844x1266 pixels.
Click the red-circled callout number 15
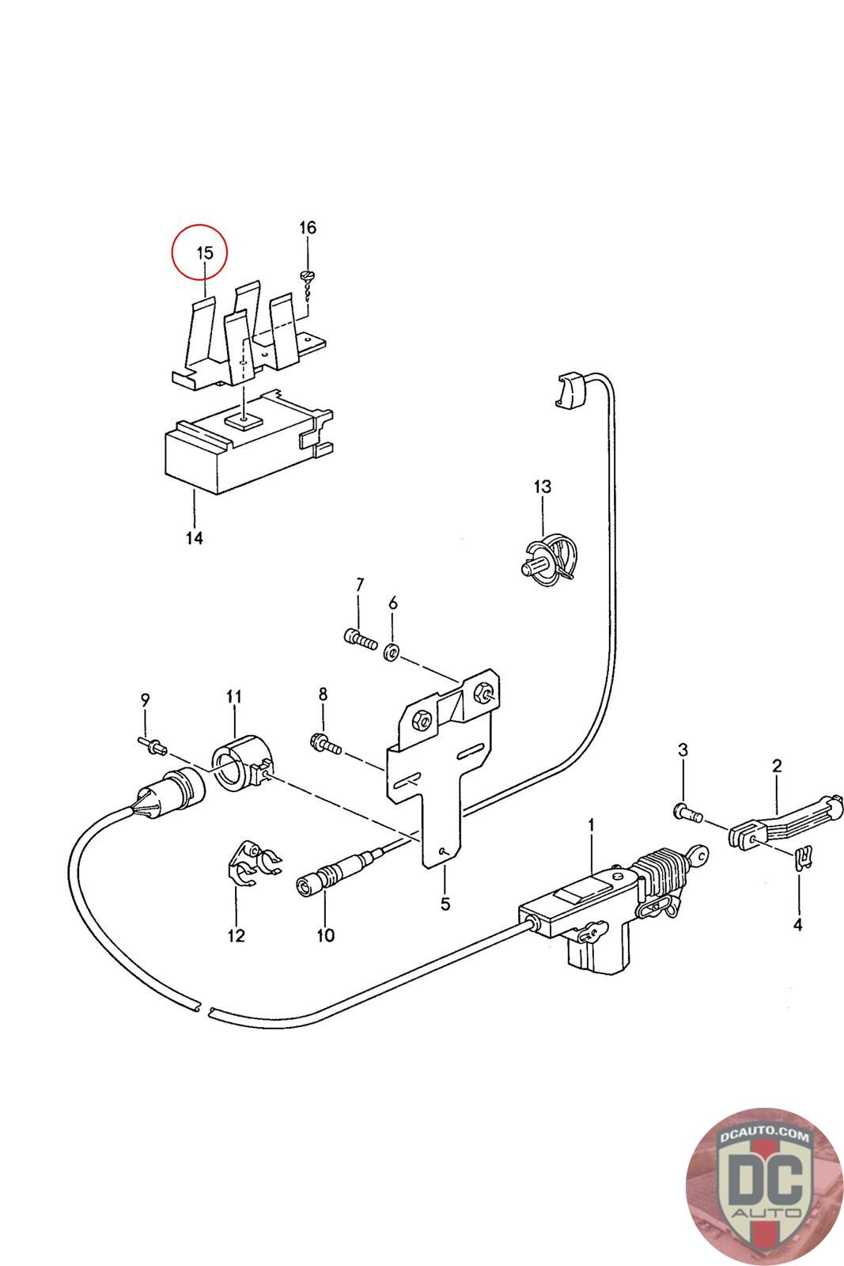[x=205, y=252]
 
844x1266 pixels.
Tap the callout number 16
[x=308, y=228]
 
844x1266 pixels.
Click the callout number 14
[x=195, y=537]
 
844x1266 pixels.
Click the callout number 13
[x=543, y=486]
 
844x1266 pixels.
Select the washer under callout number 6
[x=391, y=650]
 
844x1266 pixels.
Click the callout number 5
[x=445, y=904]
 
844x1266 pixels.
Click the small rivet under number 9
[x=152, y=746]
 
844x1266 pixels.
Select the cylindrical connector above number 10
[x=333, y=877]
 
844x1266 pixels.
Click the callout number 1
[x=592, y=826]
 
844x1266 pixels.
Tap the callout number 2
[x=777, y=766]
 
